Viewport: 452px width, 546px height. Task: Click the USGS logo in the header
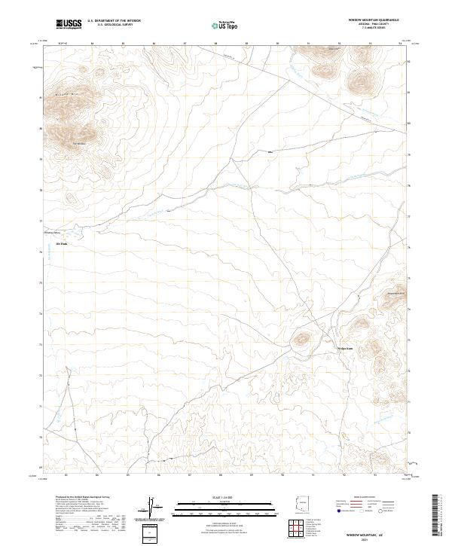tap(69, 24)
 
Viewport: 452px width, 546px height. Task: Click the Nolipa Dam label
tap(344, 348)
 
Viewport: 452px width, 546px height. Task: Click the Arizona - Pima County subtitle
tap(373, 24)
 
